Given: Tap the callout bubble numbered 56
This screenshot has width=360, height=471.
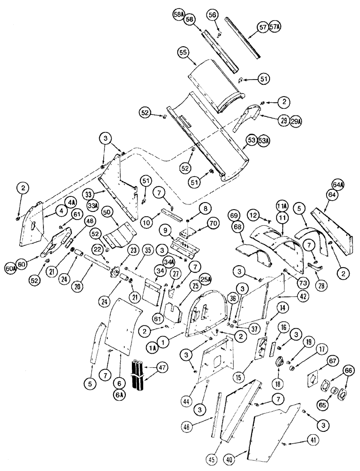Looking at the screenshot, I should coord(213,15).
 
